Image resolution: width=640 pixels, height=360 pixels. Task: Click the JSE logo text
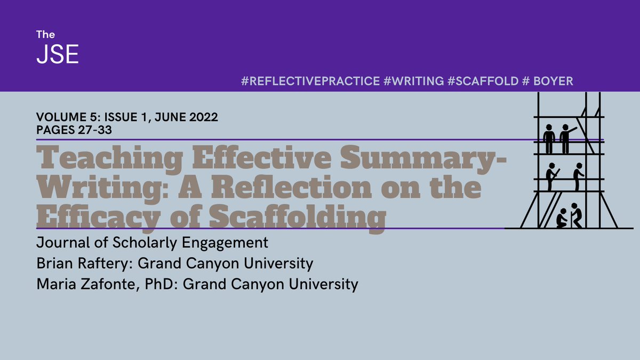[x=57, y=54]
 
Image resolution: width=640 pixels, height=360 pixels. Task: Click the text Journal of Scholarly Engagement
[x=152, y=243]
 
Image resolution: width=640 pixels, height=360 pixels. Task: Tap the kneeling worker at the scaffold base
[x=562, y=218]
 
